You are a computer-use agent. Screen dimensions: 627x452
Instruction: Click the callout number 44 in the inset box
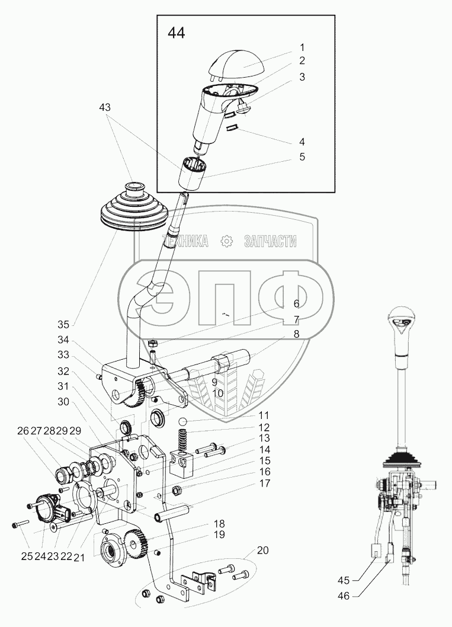point(176,33)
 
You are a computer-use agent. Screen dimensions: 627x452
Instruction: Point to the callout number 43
point(105,107)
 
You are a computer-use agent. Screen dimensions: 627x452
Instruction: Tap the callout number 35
point(63,324)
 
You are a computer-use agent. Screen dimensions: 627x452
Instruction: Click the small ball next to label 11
point(184,421)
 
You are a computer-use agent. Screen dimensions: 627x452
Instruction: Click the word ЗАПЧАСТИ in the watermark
point(270,241)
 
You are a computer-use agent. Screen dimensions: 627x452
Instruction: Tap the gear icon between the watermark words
point(226,241)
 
